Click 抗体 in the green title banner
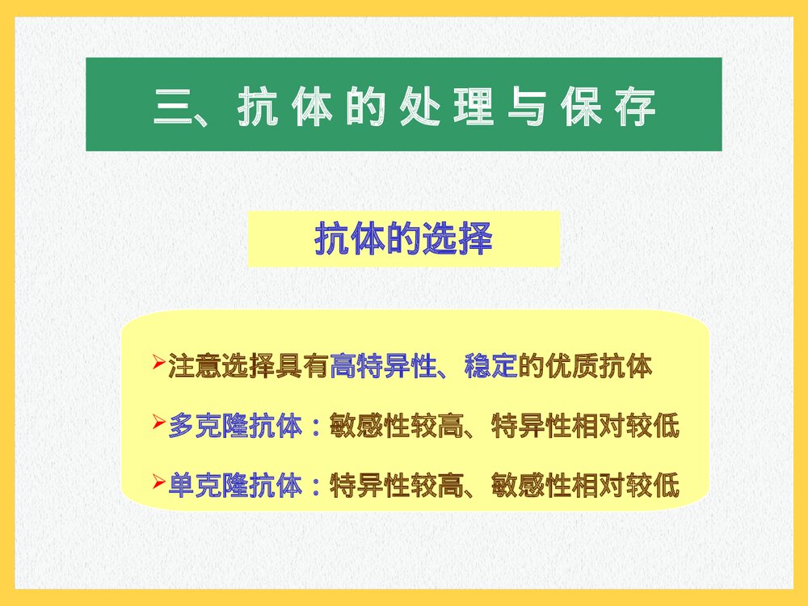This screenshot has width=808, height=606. click(285, 107)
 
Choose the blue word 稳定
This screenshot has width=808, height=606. click(490, 367)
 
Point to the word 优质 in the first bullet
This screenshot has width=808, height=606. click(571, 367)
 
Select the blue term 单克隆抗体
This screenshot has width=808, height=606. click(235, 486)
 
